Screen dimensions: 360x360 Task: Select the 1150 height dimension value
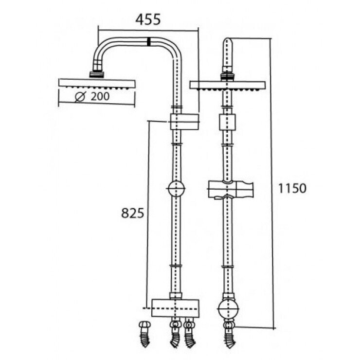pos(292,188)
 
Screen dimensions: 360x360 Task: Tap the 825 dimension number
pos(132,213)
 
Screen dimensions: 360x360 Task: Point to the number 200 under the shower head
pos(99,96)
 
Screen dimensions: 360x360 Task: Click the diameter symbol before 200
pos(81,96)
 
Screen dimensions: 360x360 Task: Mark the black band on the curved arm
pos(148,42)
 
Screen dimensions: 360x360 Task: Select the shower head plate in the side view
pos(96,83)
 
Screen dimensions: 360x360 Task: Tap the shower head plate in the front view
pos(227,86)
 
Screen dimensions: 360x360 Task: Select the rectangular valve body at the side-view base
pos(176,308)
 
